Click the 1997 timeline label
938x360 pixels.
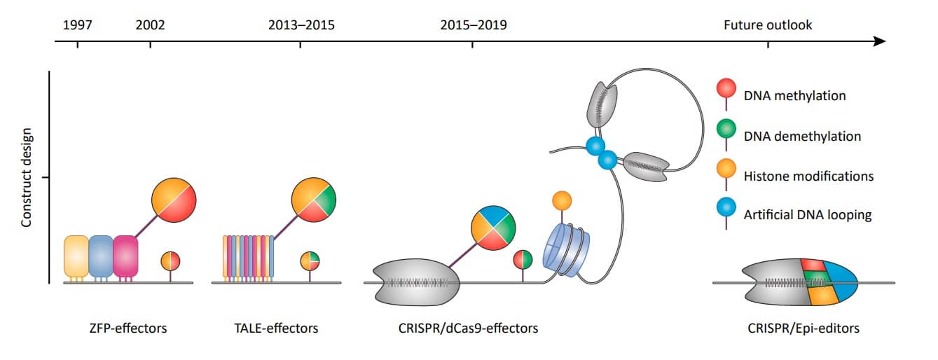(77, 25)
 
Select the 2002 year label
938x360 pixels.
(150, 25)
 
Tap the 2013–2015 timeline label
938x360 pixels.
(301, 25)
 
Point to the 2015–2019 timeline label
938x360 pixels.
(474, 25)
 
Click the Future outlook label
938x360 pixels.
(768, 25)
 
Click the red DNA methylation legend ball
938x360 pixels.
(726, 89)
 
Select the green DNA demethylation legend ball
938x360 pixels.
(726, 129)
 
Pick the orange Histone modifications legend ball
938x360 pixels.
(726, 169)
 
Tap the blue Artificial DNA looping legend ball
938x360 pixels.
(726, 208)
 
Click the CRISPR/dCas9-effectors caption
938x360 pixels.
(468, 328)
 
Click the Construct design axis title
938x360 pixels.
(27, 178)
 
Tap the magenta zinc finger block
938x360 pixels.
(125, 256)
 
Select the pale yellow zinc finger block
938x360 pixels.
(76, 256)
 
